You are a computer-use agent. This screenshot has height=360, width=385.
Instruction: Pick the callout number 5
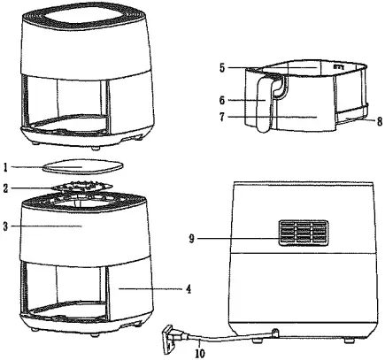224,65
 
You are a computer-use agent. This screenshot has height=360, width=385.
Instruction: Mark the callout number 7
224,116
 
